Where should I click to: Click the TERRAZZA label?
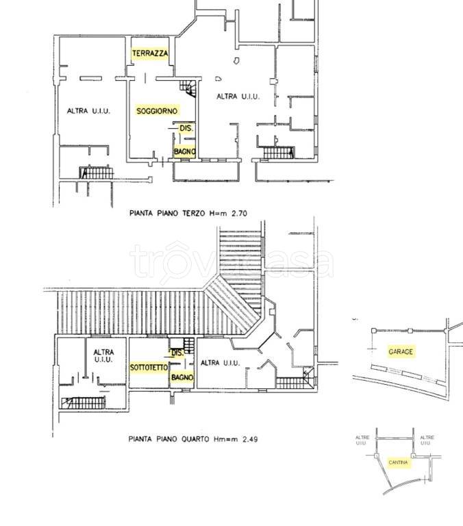[x=150, y=53]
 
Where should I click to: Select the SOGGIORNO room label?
[x=157, y=111]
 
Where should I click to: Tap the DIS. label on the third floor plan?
[x=186, y=128]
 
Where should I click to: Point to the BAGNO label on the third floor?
[x=184, y=151]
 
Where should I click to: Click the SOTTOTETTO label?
[x=149, y=368]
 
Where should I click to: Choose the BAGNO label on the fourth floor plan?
[x=182, y=377]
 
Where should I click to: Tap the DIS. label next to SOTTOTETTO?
[x=177, y=353]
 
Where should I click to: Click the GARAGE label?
[x=401, y=351]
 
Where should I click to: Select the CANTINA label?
[x=398, y=462]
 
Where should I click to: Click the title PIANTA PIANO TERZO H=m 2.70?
[x=188, y=213]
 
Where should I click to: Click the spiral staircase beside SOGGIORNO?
[x=188, y=88]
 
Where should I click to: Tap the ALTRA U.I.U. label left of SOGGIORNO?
[x=88, y=111]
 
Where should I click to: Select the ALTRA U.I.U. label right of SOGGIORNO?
[x=238, y=97]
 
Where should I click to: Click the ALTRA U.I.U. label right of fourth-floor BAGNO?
[x=220, y=362]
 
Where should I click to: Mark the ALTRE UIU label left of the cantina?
[x=362, y=440]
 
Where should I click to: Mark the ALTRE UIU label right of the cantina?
[x=427, y=440]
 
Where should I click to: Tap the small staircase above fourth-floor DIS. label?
[x=189, y=345]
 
